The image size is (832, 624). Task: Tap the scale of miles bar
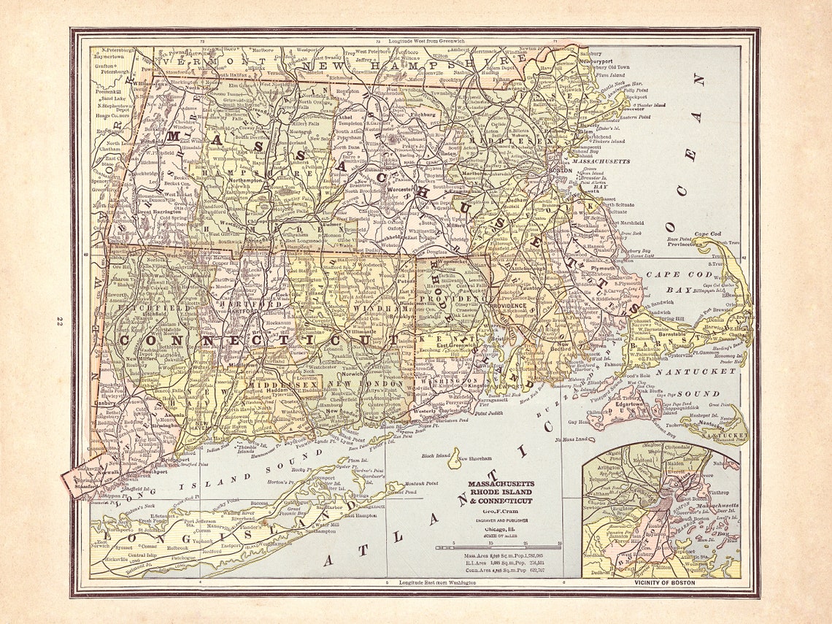(498, 547)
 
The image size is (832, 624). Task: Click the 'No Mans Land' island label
(573, 439)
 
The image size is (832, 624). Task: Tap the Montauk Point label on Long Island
(421, 483)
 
